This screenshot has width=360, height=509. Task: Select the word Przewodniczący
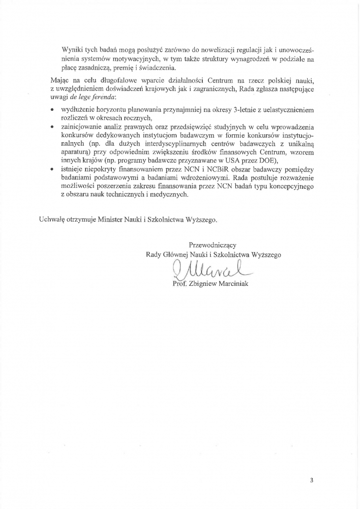212,245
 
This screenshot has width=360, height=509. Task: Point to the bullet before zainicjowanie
53,127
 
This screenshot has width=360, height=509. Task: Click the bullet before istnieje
53,170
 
